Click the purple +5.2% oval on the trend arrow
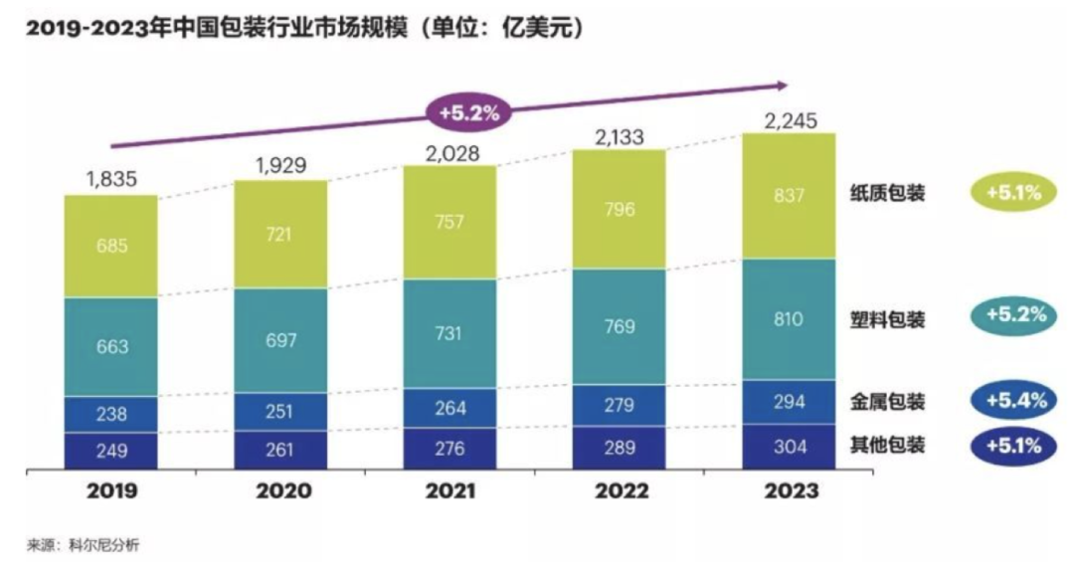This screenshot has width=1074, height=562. click(468, 112)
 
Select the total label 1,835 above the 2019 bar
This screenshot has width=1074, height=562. click(111, 180)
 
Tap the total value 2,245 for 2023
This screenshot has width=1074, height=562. click(790, 120)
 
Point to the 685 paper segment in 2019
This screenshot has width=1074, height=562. click(111, 246)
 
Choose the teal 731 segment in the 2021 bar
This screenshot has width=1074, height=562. click(448, 333)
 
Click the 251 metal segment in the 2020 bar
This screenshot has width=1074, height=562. click(279, 411)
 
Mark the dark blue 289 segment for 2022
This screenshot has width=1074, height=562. click(619, 448)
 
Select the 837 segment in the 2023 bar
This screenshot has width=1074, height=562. click(789, 196)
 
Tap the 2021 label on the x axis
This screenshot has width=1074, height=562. click(448, 491)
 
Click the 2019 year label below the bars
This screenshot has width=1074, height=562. click(111, 491)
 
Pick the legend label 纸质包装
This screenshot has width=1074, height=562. click(888, 193)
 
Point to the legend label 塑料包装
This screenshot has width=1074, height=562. click(888, 319)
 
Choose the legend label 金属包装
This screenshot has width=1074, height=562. click(888, 402)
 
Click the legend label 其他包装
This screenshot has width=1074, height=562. click(888, 445)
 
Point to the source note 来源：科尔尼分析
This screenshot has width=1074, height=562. click(87, 544)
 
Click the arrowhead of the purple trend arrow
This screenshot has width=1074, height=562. click(782, 86)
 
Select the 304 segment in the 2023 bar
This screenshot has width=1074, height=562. click(789, 448)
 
